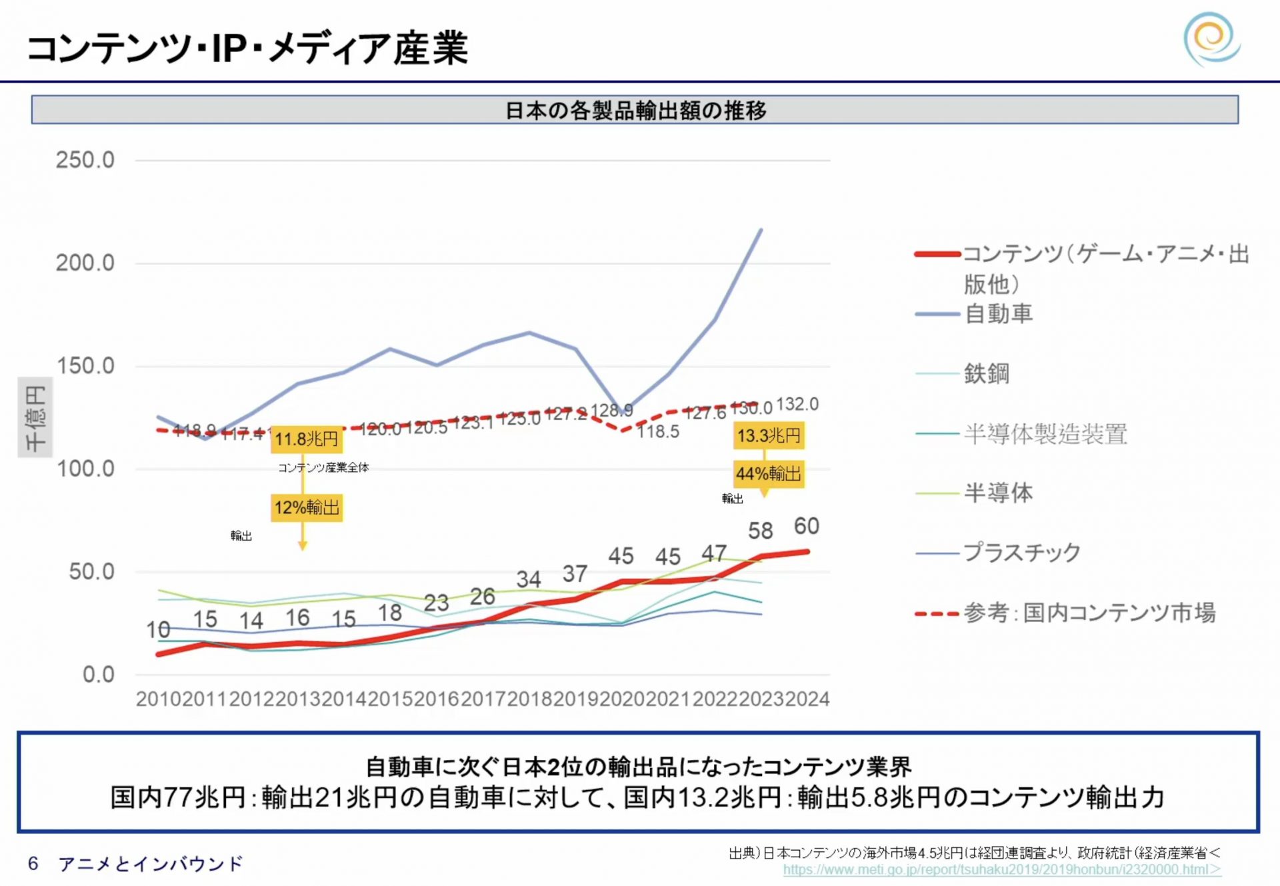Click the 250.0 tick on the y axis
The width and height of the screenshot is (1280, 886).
coord(85,160)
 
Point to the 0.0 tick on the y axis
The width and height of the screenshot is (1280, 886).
coord(99,675)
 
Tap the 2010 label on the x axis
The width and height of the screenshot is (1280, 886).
coord(159,699)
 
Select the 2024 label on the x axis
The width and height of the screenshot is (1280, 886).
coord(807,699)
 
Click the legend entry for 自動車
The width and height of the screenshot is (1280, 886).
coord(998,313)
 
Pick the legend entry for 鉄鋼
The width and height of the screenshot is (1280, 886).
coord(986,373)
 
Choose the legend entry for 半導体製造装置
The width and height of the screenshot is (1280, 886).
coord(1045,433)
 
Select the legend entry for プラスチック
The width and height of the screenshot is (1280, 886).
coord(1021,553)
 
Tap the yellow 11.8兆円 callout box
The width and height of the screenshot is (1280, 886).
coord(307,439)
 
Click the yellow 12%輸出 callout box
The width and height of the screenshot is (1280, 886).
coord(307,508)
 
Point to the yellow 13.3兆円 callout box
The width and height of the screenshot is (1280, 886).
coord(769,436)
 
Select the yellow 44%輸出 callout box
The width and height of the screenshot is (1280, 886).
coord(769,474)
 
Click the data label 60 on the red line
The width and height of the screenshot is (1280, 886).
coord(806,526)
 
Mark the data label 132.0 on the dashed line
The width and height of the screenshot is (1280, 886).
coord(797,404)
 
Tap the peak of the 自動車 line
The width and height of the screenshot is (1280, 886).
coord(761,230)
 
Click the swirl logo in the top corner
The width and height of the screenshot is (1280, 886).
coord(1211,39)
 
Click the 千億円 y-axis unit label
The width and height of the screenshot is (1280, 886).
coord(35,417)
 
